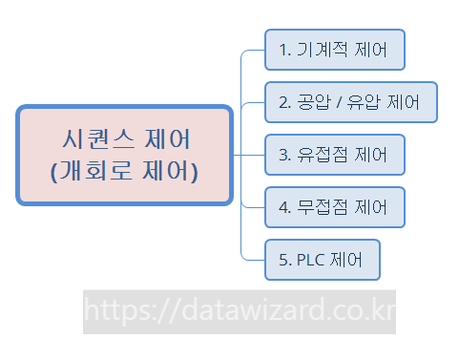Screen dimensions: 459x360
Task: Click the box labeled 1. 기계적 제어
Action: (x=335, y=50)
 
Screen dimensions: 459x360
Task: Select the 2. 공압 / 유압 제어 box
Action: (x=350, y=102)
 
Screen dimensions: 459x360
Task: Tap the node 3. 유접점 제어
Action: (x=335, y=154)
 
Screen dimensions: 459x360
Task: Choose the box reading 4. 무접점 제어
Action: (x=335, y=206)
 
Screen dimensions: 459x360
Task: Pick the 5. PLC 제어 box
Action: (x=323, y=259)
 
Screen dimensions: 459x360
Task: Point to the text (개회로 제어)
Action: (x=124, y=173)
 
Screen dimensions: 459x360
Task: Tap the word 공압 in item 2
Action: (x=312, y=102)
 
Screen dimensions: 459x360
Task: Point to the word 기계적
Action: (x=323, y=50)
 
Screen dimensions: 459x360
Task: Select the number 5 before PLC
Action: (x=282, y=259)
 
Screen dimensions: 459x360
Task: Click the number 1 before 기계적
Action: (x=282, y=50)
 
